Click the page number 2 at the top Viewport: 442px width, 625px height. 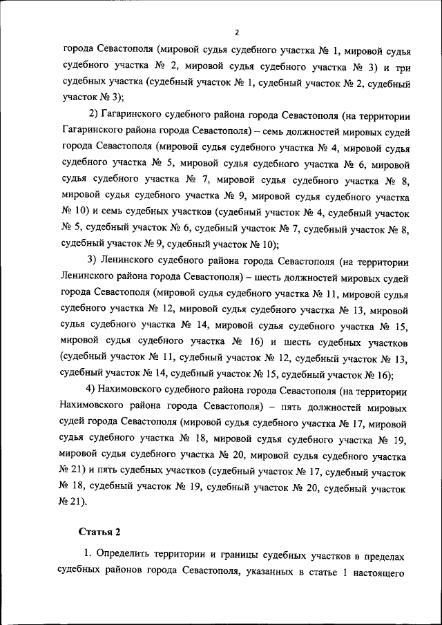click(236, 32)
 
